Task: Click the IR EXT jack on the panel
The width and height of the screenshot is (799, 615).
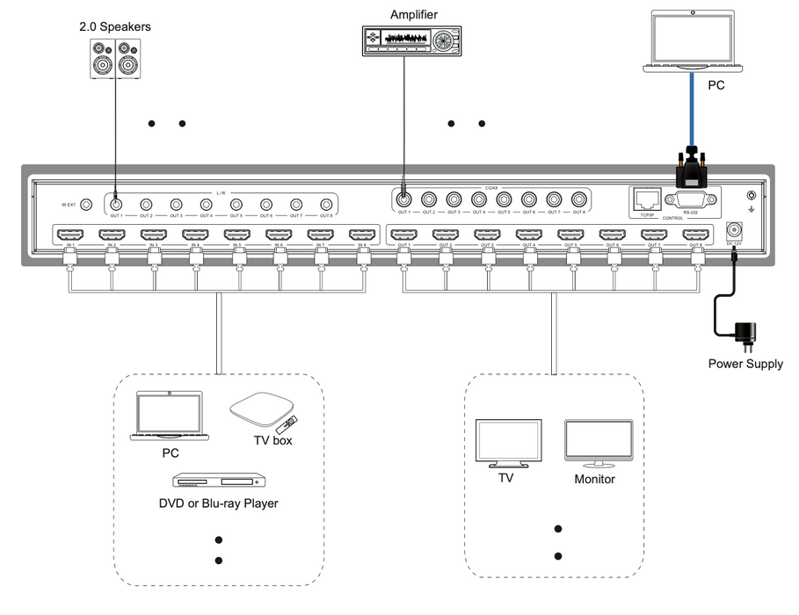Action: pos(87,204)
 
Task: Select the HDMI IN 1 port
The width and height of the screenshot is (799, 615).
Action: pos(69,235)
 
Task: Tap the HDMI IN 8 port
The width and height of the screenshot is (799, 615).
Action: pos(362,235)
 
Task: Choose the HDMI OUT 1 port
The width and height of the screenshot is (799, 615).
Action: pos(404,235)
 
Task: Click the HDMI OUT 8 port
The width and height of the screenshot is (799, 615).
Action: pos(696,235)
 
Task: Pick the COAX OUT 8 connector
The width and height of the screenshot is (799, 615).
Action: pos(578,199)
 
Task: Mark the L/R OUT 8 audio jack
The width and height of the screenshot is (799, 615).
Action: pos(326,203)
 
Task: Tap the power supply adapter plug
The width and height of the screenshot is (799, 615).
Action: pos(746,334)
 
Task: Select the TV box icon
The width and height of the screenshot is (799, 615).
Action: pos(261,411)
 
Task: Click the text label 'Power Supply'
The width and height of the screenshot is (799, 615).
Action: pos(745,364)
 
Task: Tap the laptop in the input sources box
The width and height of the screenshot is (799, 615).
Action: pos(170,416)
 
